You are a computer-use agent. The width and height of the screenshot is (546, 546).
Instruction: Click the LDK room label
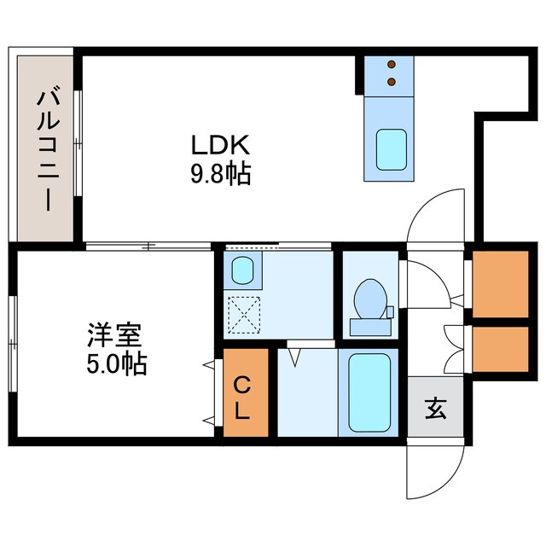point(219,145)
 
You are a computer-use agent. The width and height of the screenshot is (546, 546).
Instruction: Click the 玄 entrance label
point(434,407)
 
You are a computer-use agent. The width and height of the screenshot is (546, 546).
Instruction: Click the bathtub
point(370,393)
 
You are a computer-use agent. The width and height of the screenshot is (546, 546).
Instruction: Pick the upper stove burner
point(392,65)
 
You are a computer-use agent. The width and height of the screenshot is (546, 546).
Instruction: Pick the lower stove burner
point(392,82)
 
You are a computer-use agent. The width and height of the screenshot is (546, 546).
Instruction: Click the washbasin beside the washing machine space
point(241,270)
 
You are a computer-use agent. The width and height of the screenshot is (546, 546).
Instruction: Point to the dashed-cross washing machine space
point(244,313)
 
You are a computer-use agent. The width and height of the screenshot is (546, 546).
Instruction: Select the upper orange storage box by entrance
point(500,283)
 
